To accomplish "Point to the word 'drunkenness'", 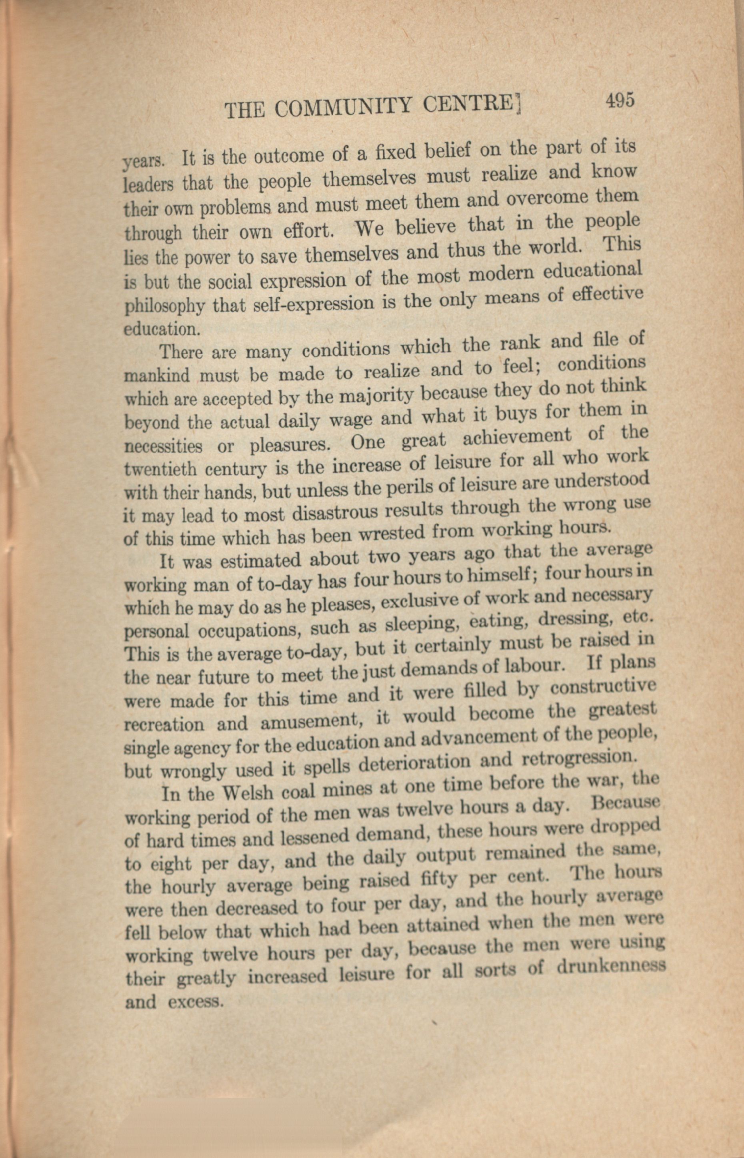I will (x=611, y=965).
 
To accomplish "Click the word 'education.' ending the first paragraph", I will (x=160, y=329).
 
